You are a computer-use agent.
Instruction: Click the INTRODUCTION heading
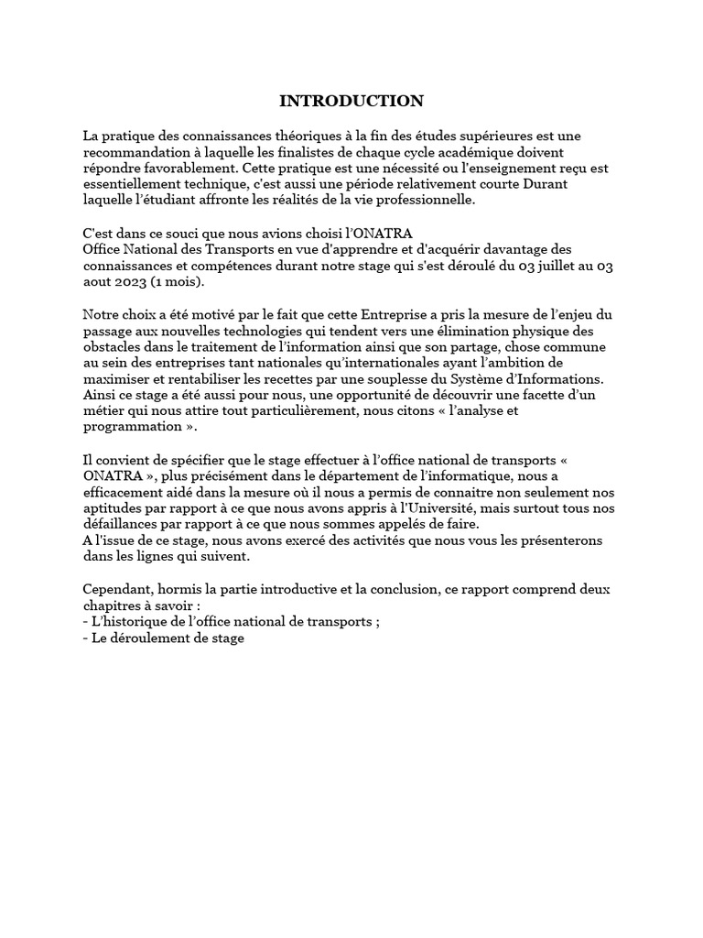coord(351,101)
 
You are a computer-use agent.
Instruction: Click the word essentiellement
coord(135,184)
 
